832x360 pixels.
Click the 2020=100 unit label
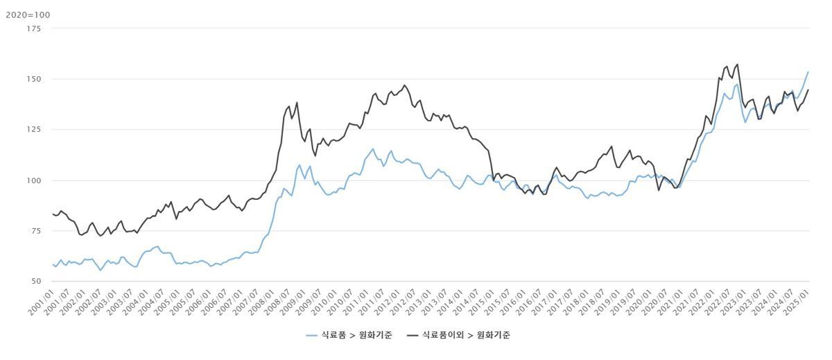(x=28, y=15)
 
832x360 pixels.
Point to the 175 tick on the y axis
(x=33, y=28)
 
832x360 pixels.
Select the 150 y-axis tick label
(x=33, y=79)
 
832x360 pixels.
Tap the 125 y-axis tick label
(x=33, y=130)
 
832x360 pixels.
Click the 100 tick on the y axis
(x=33, y=180)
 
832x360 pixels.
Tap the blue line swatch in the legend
(x=312, y=335)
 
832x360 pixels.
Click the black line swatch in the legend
(x=413, y=335)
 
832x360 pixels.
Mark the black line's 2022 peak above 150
(x=737, y=65)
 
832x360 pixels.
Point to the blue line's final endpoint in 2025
(x=808, y=71)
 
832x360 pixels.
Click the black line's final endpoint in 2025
(x=808, y=89)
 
